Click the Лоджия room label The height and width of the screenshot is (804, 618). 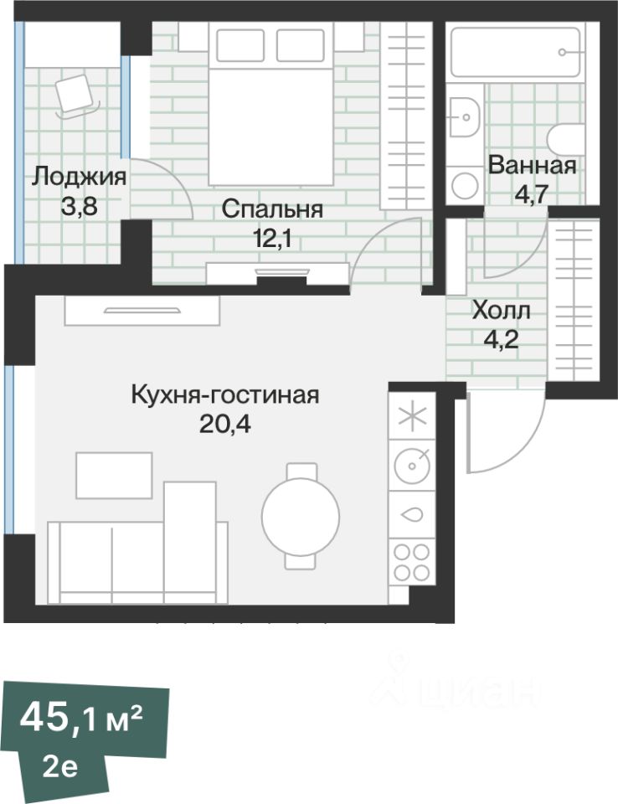pos(79,178)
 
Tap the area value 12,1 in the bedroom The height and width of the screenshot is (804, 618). pos(272,238)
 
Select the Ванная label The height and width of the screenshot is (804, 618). pos(532,165)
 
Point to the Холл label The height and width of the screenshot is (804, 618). pos(501,310)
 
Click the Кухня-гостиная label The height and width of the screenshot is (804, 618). pos(225,394)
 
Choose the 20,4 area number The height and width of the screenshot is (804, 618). pos(225,424)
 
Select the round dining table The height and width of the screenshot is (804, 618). pos(301,516)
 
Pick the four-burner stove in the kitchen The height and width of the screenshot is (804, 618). pos(412,562)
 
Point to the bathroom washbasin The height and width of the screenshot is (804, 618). pos(465,116)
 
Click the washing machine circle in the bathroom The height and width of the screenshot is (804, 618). pos(465,186)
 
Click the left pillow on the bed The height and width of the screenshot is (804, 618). pos(240,45)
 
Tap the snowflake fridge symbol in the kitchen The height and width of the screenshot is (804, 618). pos(412,416)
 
